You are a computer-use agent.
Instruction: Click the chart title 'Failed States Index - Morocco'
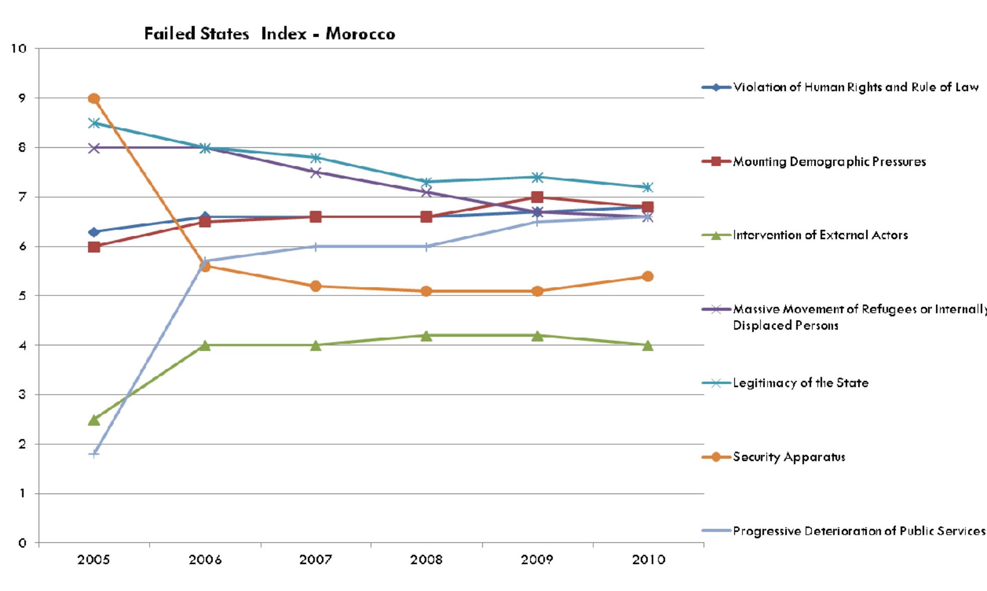point(270,34)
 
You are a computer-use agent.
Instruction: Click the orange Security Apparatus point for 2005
point(94,98)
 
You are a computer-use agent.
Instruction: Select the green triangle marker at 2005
point(94,420)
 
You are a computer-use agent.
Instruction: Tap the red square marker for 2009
point(537,197)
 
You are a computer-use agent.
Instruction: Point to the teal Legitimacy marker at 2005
point(94,123)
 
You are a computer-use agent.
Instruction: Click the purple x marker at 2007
point(315,172)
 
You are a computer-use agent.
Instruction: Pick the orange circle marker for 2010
point(648,276)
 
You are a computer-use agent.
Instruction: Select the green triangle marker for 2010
point(648,346)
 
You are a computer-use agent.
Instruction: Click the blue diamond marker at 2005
point(94,232)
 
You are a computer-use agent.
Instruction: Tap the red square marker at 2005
point(94,247)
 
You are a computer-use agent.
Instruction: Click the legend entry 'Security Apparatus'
point(789,457)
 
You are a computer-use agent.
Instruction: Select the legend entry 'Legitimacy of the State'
point(800,383)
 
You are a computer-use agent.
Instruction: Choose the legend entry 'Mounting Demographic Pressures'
point(829,161)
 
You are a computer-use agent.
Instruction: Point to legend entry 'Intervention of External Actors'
point(820,235)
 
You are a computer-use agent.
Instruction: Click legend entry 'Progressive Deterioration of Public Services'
point(858,531)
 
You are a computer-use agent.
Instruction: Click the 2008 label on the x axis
point(426,560)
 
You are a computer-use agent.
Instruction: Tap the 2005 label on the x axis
point(94,560)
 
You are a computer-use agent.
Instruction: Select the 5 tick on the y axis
point(22,296)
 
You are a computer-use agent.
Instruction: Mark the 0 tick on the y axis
point(22,543)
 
